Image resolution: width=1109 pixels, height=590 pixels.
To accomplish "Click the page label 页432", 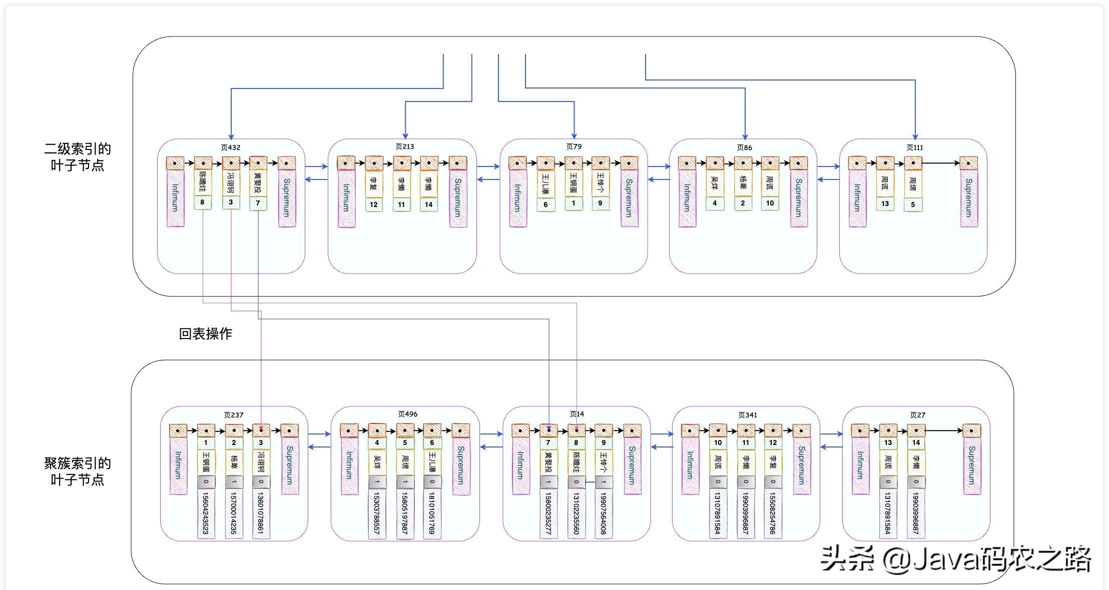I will [231, 147].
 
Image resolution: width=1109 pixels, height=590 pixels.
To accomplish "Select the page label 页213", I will [404, 146].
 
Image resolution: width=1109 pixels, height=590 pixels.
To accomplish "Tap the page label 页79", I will [574, 146].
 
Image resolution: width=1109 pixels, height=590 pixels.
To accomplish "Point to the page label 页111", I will [915, 147].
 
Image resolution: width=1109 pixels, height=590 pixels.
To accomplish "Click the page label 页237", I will [234, 415].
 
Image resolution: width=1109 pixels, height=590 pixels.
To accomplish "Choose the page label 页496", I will [408, 414].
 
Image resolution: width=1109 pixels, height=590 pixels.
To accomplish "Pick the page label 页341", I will [748, 415].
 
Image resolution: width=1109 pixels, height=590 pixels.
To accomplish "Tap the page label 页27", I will [918, 415].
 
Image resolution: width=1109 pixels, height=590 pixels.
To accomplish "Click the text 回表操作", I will [206, 333].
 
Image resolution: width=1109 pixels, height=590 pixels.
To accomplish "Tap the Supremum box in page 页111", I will [969, 198].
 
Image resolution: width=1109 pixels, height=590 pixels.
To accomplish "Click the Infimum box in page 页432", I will [175, 198].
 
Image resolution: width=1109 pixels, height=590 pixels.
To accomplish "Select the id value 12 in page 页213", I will [374, 204].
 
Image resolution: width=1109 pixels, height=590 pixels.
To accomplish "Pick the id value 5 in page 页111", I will [913, 204].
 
